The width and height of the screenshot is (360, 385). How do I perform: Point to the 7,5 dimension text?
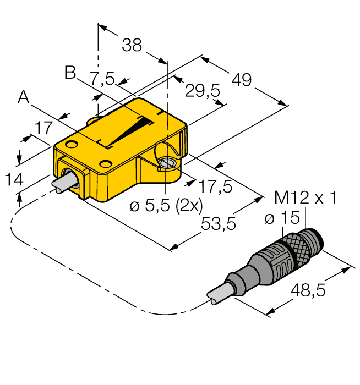click(x=103, y=79)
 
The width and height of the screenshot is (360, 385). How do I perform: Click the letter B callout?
click(x=70, y=72)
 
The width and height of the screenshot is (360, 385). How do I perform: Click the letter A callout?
click(x=24, y=97)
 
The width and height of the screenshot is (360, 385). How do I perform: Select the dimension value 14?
click(x=14, y=179)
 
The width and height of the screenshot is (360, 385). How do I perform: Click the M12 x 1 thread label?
click(x=306, y=197)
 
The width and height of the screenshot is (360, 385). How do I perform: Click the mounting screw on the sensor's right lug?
click(x=167, y=163)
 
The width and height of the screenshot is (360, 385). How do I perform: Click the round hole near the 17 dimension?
click(x=70, y=145)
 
